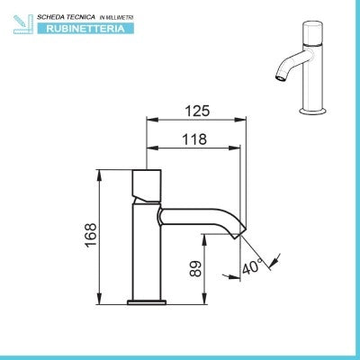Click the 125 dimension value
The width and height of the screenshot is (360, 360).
coord(197,111)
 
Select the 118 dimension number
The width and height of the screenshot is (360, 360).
coord(194,139)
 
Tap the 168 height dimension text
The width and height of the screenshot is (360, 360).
coord(91,235)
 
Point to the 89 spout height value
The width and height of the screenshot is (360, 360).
coord(195,268)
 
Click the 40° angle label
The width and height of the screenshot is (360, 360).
coord(252,265)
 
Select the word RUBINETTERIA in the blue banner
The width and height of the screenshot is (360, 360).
coord(85,29)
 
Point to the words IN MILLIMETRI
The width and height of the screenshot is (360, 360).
coord(116,18)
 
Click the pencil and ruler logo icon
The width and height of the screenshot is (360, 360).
coord(23,24)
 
